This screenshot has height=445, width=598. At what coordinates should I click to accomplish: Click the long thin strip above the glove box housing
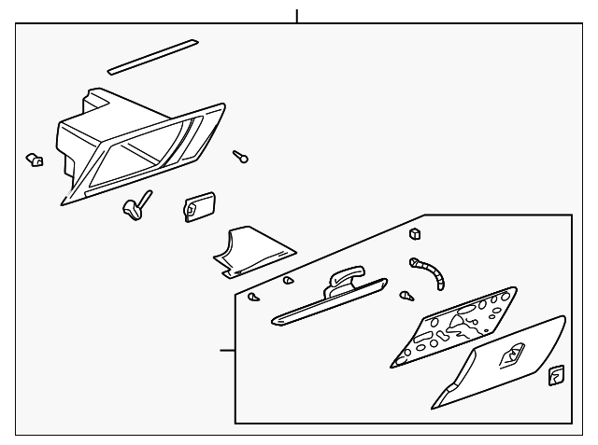[x=152, y=56]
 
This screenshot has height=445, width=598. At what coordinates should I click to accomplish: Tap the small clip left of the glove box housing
[x=34, y=160]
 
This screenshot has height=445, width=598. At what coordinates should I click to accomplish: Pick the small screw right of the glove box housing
[x=242, y=158]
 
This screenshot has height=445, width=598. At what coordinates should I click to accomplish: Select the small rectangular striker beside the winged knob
[x=197, y=206]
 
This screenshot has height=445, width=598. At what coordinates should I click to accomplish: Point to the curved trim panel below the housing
[x=251, y=252]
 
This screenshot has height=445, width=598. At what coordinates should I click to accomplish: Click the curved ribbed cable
[x=433, y=273]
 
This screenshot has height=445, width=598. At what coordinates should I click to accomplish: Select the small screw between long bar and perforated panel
[x=406, y=297]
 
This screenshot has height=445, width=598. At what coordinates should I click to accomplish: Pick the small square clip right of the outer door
[x=554, y=375]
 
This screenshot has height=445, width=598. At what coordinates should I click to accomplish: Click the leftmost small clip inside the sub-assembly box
[x=252, y=297]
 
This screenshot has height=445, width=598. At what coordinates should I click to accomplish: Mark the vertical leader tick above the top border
[x=297, y=15]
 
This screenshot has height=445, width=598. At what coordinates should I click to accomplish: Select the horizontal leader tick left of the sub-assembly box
[x=226, y=351]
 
